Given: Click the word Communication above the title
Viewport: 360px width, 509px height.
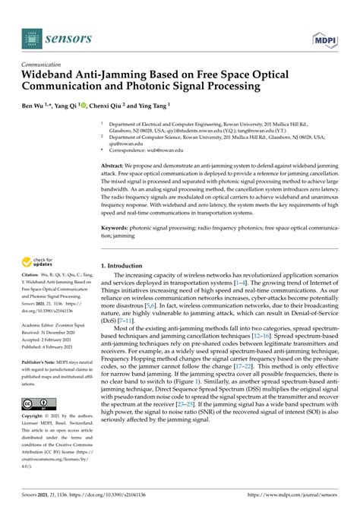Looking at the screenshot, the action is pyautogui.click(x=43, y=65).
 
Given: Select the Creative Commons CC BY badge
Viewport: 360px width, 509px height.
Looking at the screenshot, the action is pyautogui.click(x=39, y=403).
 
